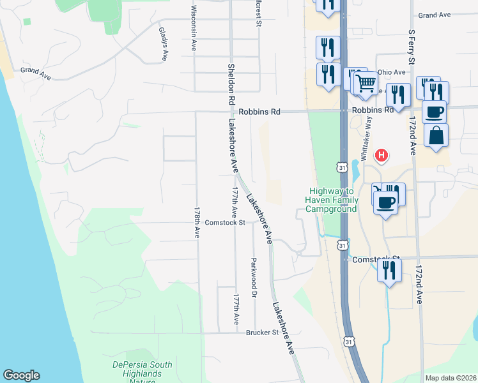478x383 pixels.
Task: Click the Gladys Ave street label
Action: point(163,44)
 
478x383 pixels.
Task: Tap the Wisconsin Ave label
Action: point(193,29)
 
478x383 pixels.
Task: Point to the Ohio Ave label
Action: point(391,72)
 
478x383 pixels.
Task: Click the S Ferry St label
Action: point(412,47)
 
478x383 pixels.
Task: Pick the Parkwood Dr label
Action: point(254,278)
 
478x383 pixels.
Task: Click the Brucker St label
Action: point(263,333)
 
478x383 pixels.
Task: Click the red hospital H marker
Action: point(382,154)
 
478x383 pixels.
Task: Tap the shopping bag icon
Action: point(436,135)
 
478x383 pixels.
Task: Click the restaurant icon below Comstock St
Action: point(389,270)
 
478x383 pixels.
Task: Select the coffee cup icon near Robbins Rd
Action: point(434,112)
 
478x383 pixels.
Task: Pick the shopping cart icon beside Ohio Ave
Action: point(365,82)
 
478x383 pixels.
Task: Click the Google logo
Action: point(21,375)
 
